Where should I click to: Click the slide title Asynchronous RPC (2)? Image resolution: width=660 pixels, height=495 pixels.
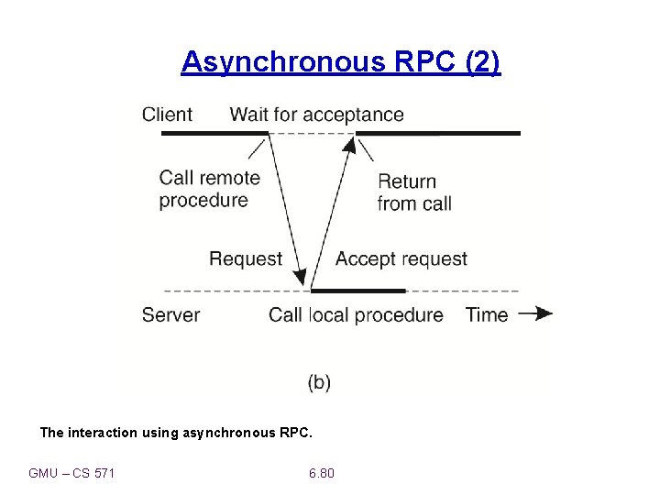pyautogui.click(x=341, y=61)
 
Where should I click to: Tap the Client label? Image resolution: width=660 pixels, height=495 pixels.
pyautogui.click(x=167, y=115)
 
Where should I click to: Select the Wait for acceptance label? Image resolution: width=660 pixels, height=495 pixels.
pyautogui.click(x=316, y=115)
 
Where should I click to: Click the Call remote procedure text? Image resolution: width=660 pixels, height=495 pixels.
pyautogui.click(x=209, y=189)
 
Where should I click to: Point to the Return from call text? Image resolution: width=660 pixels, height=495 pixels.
pyautogui.click(x=414, y=192)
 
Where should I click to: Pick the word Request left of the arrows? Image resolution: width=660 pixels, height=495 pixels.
pyautogui.click(x=246, y=258)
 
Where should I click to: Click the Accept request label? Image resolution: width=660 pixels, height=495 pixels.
pyautogui.click(x=401, y=258)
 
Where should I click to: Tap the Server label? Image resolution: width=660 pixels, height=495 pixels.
pyautogui.click(x=170, y=314)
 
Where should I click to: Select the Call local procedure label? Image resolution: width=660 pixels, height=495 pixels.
pyautogui.click(x=356, y=314)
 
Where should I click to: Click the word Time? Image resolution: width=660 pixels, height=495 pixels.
pyautogui.click(x=486, y=314)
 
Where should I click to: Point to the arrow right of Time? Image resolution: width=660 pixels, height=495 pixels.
pyautogui.click(x=535, y=313)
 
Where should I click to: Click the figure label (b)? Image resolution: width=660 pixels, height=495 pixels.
pyautogui.click(x=319, y=382)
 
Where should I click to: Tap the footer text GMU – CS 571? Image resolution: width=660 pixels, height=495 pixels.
pyautogui.click(x=71, y=473)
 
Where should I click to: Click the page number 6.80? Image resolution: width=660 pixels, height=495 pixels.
pyautogui.click(x=322, y=473)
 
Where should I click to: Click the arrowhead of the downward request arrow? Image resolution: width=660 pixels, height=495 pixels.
pyautogui.click(x=302, y=277)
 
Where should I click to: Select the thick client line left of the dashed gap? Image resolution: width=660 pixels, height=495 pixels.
pyautogui.click(x=214, y=134)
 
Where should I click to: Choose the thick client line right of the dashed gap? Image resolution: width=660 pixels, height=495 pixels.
pyautogui.click(x=438, y=134)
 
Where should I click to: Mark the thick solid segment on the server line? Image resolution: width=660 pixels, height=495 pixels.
pyautogui.click(x=357, y=291)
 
